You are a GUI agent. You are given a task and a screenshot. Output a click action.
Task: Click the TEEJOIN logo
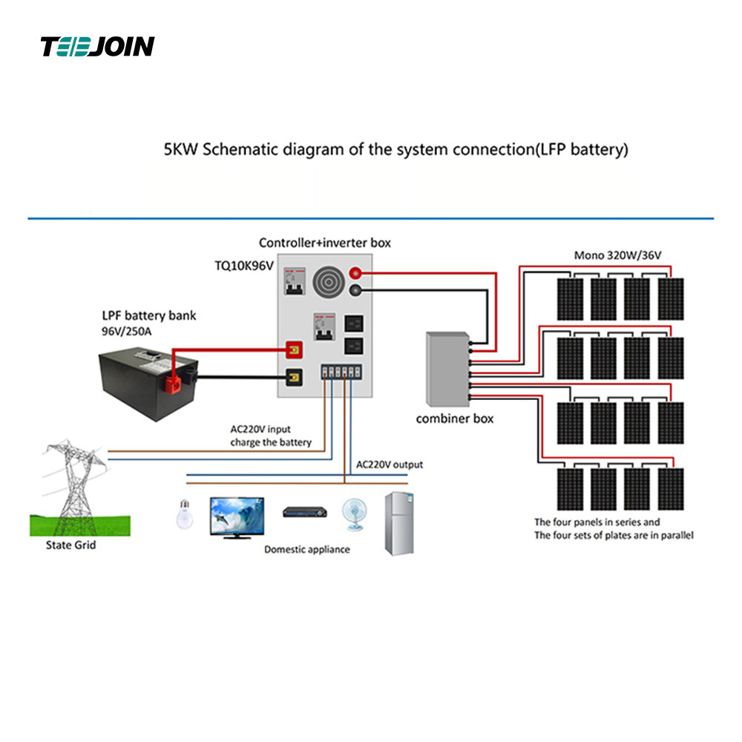[x=97, y=47]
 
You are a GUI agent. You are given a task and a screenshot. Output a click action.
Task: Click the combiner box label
[x=454, y=418]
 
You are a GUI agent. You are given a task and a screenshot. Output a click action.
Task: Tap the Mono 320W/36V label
[x=617, y=256]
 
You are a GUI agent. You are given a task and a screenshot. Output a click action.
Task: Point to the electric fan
[x=354, y=513]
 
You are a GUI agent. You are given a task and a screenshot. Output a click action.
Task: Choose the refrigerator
[x=398, y=524]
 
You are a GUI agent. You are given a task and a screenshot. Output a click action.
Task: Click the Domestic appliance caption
[x=307, y=550]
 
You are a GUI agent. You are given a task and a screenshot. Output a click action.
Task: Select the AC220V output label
[x=390, y=464]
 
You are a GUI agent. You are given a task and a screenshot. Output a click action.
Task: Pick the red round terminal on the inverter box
[x=355, y=273]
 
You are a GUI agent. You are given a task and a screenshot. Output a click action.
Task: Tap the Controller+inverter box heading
[x=324, y=243]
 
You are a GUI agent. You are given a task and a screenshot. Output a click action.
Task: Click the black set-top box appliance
[x=304, y=512]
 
